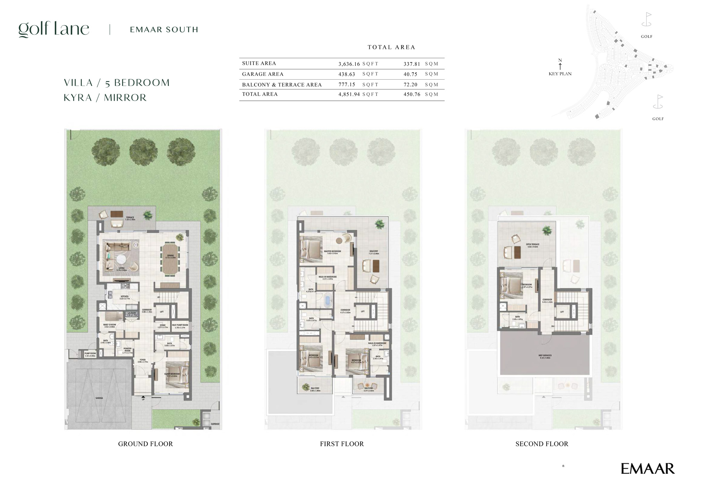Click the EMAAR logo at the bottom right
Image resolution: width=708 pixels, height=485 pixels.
(x=647, y=469)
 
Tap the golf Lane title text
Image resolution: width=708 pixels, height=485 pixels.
(x=54, y=29)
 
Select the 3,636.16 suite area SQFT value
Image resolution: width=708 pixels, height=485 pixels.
(x=349, y=64)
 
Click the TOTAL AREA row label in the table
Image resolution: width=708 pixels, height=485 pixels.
(x=260, y=94)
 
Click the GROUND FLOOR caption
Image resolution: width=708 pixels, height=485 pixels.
(x=145, y=444)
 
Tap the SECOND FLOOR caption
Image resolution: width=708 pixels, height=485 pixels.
(x=542, y=444)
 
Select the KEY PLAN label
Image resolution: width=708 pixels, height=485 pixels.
(x=560, y=74)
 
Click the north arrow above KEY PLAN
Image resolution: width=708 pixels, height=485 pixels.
(x=560, y=65)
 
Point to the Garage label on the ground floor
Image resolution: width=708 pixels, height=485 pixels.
(x=99, y=398)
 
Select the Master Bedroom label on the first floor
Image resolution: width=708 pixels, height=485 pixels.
(x=332, y=252)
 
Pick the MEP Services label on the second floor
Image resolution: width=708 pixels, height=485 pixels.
(x=545, y=356)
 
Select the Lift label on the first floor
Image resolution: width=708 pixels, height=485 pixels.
(x=363, y=311)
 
